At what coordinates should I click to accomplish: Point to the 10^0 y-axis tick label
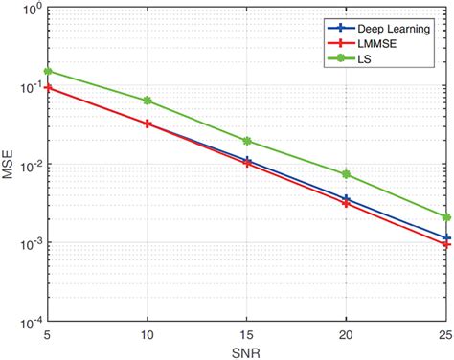(x=29, y=11)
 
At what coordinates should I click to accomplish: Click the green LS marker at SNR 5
(x=48, y=71)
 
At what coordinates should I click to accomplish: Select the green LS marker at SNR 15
(x=246, y=141)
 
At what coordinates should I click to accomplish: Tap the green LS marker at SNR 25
(x=444, y=217)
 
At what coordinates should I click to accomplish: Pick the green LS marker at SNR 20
(x=346, y=174)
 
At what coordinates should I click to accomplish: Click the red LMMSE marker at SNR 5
(x=48, y=88)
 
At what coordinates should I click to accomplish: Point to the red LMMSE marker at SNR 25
(x=444, y=245)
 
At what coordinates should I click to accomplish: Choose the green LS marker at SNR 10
(x=147, y=101)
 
